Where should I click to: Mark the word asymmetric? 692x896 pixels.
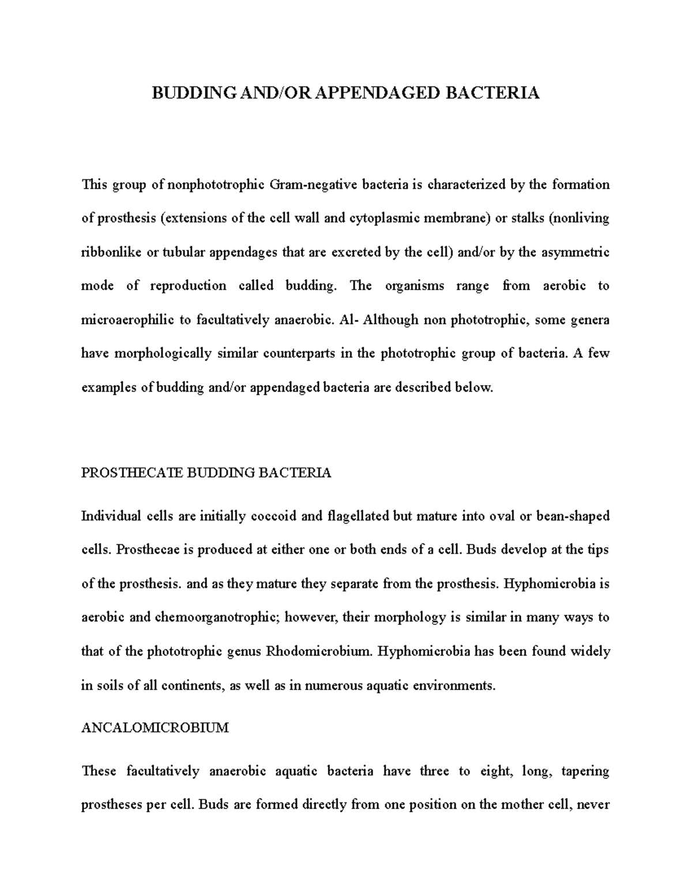click(x=576, y=252)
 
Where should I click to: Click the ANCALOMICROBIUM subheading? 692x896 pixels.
click(x=155, y=728)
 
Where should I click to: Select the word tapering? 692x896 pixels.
click(x=584, y=771)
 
